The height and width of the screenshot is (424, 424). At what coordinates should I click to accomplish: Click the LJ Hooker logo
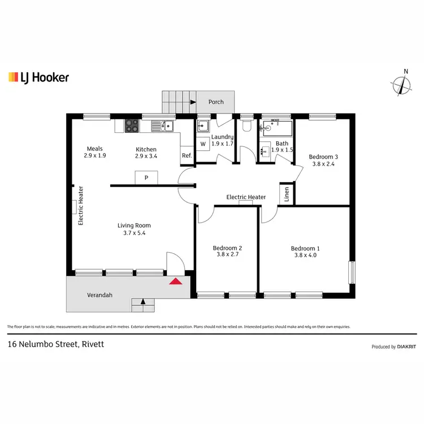38,77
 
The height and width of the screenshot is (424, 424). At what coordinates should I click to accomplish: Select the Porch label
216,102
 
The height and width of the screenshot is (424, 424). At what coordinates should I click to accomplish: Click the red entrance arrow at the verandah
176,280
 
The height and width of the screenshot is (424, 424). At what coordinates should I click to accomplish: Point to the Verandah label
99,295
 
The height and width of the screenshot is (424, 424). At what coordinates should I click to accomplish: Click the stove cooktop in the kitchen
132,126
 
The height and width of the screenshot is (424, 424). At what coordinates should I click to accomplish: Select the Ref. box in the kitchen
187,156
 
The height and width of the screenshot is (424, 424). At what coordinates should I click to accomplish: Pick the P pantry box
146,178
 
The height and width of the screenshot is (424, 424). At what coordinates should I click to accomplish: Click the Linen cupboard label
287,194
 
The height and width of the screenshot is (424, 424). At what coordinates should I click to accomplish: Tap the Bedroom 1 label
305,249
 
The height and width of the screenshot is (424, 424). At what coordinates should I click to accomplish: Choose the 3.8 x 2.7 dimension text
227,254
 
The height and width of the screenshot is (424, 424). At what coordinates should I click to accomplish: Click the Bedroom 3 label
323,157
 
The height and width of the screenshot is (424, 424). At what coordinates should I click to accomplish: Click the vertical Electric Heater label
81,206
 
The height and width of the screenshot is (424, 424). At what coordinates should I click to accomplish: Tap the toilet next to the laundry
246,127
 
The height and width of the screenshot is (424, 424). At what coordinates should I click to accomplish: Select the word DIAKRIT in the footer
408,347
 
